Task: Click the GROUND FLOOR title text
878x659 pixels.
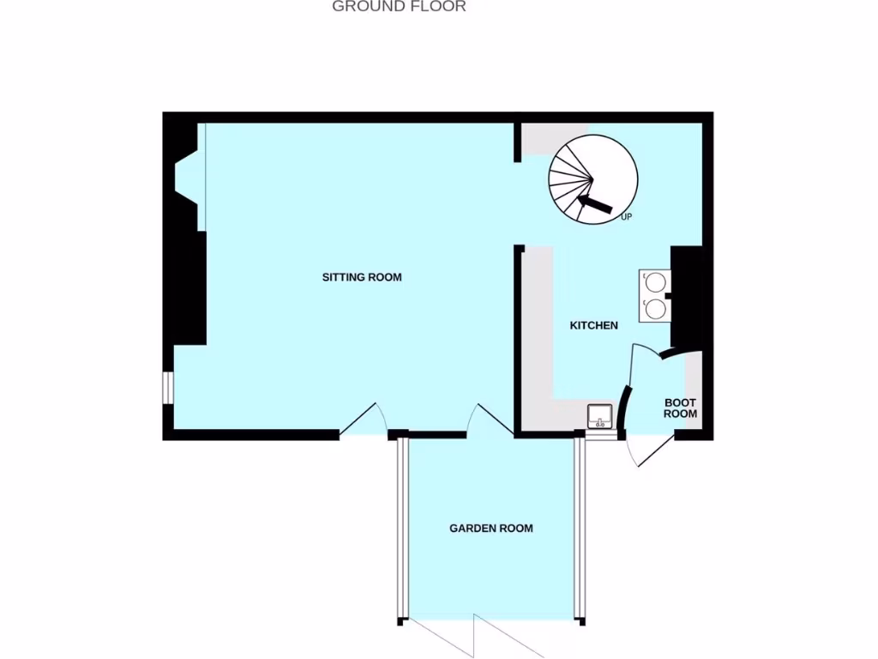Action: coord(399,7)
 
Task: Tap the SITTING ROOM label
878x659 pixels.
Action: coord(362,277)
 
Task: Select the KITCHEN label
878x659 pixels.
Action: coord(594,326)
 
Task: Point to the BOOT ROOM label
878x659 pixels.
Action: coord(681,408)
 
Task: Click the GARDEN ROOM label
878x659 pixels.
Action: coord(491,529)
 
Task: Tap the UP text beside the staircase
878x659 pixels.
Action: coord(626,217)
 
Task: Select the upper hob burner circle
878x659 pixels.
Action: coord(655,281)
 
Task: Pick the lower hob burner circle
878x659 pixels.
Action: coord(655,308)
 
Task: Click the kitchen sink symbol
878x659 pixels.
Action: coord(599,416)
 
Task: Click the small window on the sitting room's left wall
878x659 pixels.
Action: coord(169,387)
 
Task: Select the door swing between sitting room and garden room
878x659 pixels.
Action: coord(489,420)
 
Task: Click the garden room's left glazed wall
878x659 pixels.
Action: coord(400,529)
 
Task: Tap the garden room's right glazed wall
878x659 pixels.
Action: coord(579,529)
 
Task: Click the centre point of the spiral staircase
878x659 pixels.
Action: coord(592,179)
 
